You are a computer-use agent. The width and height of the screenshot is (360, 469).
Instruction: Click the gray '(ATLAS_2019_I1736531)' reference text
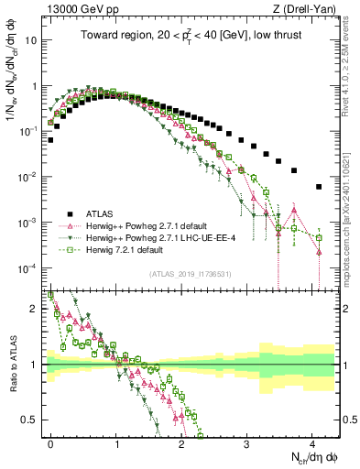(x=191, y=273)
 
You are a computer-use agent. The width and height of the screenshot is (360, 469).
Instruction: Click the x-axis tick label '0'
(x=51, y=442)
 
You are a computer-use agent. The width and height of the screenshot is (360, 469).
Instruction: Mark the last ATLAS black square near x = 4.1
(x=319, y=187)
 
